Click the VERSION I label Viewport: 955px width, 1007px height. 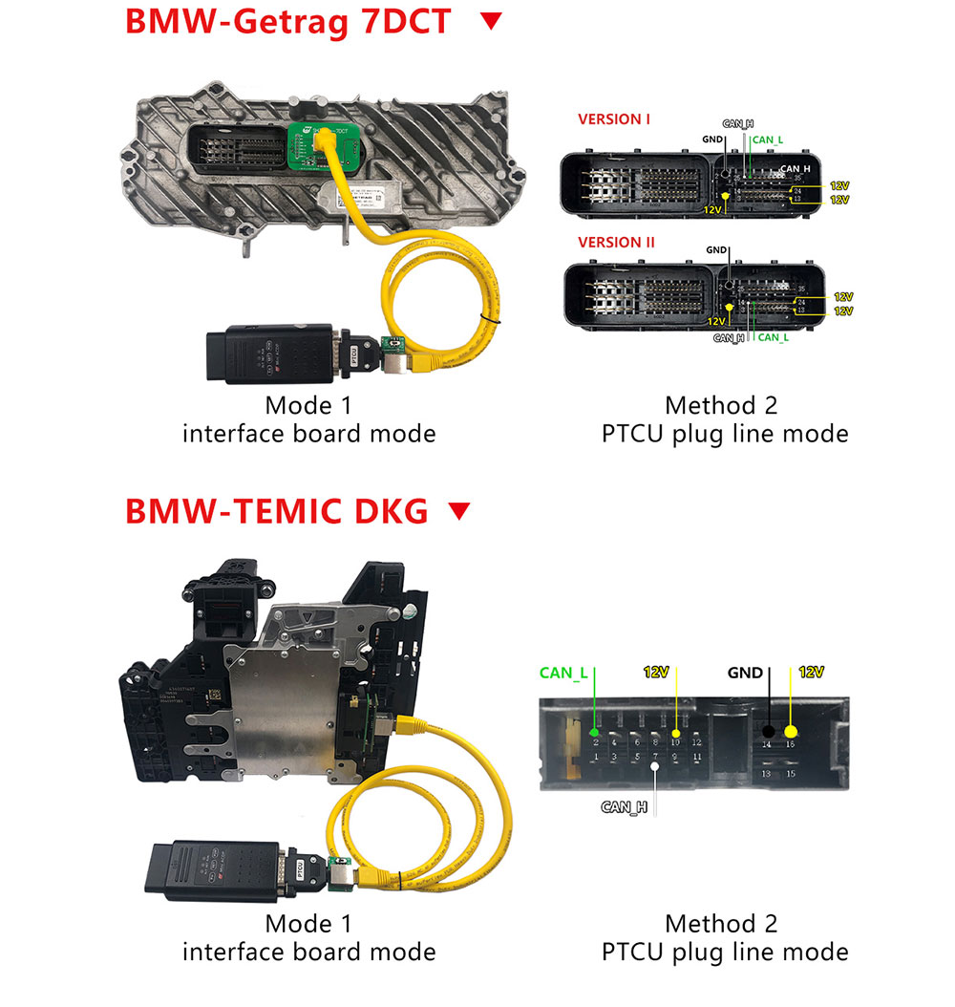[614, 119]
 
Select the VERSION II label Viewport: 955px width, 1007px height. [617, 243]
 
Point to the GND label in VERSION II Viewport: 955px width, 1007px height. [716, 250]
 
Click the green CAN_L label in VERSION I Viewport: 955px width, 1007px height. [767, 139]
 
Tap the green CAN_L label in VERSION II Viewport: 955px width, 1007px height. [773, 336]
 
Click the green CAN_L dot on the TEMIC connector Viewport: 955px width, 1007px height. [595, 733]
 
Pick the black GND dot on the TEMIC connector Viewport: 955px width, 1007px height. [767, 731]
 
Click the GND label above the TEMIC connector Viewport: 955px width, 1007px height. [745, 673]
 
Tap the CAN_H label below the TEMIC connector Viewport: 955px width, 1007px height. [625, 807]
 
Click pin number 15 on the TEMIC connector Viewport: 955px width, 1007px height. [791, 774]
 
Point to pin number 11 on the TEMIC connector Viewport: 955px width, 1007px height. [697, 757]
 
